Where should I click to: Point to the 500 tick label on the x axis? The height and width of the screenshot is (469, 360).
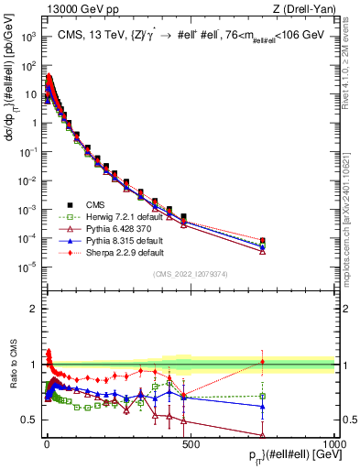click(x=190, y=442)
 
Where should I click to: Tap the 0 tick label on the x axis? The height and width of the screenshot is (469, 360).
click(x=46, y=442)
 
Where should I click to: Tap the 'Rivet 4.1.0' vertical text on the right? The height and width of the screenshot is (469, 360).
click(x=351, y=55)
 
